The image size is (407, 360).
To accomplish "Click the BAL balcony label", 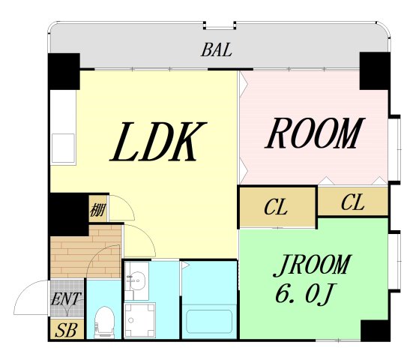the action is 216,49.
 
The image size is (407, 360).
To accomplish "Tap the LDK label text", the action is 158,142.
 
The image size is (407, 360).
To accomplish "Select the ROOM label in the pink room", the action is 315,133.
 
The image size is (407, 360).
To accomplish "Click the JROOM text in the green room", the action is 313,265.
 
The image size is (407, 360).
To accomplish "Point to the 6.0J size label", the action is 304,293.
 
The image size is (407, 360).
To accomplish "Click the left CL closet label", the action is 276,207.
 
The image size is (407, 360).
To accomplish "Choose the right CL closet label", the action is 352,202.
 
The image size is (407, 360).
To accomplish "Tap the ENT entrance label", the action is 66,298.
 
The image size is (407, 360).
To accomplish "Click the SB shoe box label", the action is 66,331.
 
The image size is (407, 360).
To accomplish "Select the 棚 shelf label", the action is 98,211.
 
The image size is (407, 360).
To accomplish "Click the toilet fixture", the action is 104,322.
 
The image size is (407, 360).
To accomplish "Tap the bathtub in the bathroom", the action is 209,321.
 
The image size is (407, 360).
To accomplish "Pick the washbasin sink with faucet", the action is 137,280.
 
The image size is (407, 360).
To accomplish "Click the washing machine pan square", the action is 139,320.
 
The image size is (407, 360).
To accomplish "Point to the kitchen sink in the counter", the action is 63,148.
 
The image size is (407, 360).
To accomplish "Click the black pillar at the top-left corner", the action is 64,71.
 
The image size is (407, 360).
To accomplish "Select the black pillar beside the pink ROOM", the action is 375,70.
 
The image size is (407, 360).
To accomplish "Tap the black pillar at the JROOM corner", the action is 376,331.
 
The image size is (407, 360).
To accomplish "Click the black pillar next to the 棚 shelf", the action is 69,214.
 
